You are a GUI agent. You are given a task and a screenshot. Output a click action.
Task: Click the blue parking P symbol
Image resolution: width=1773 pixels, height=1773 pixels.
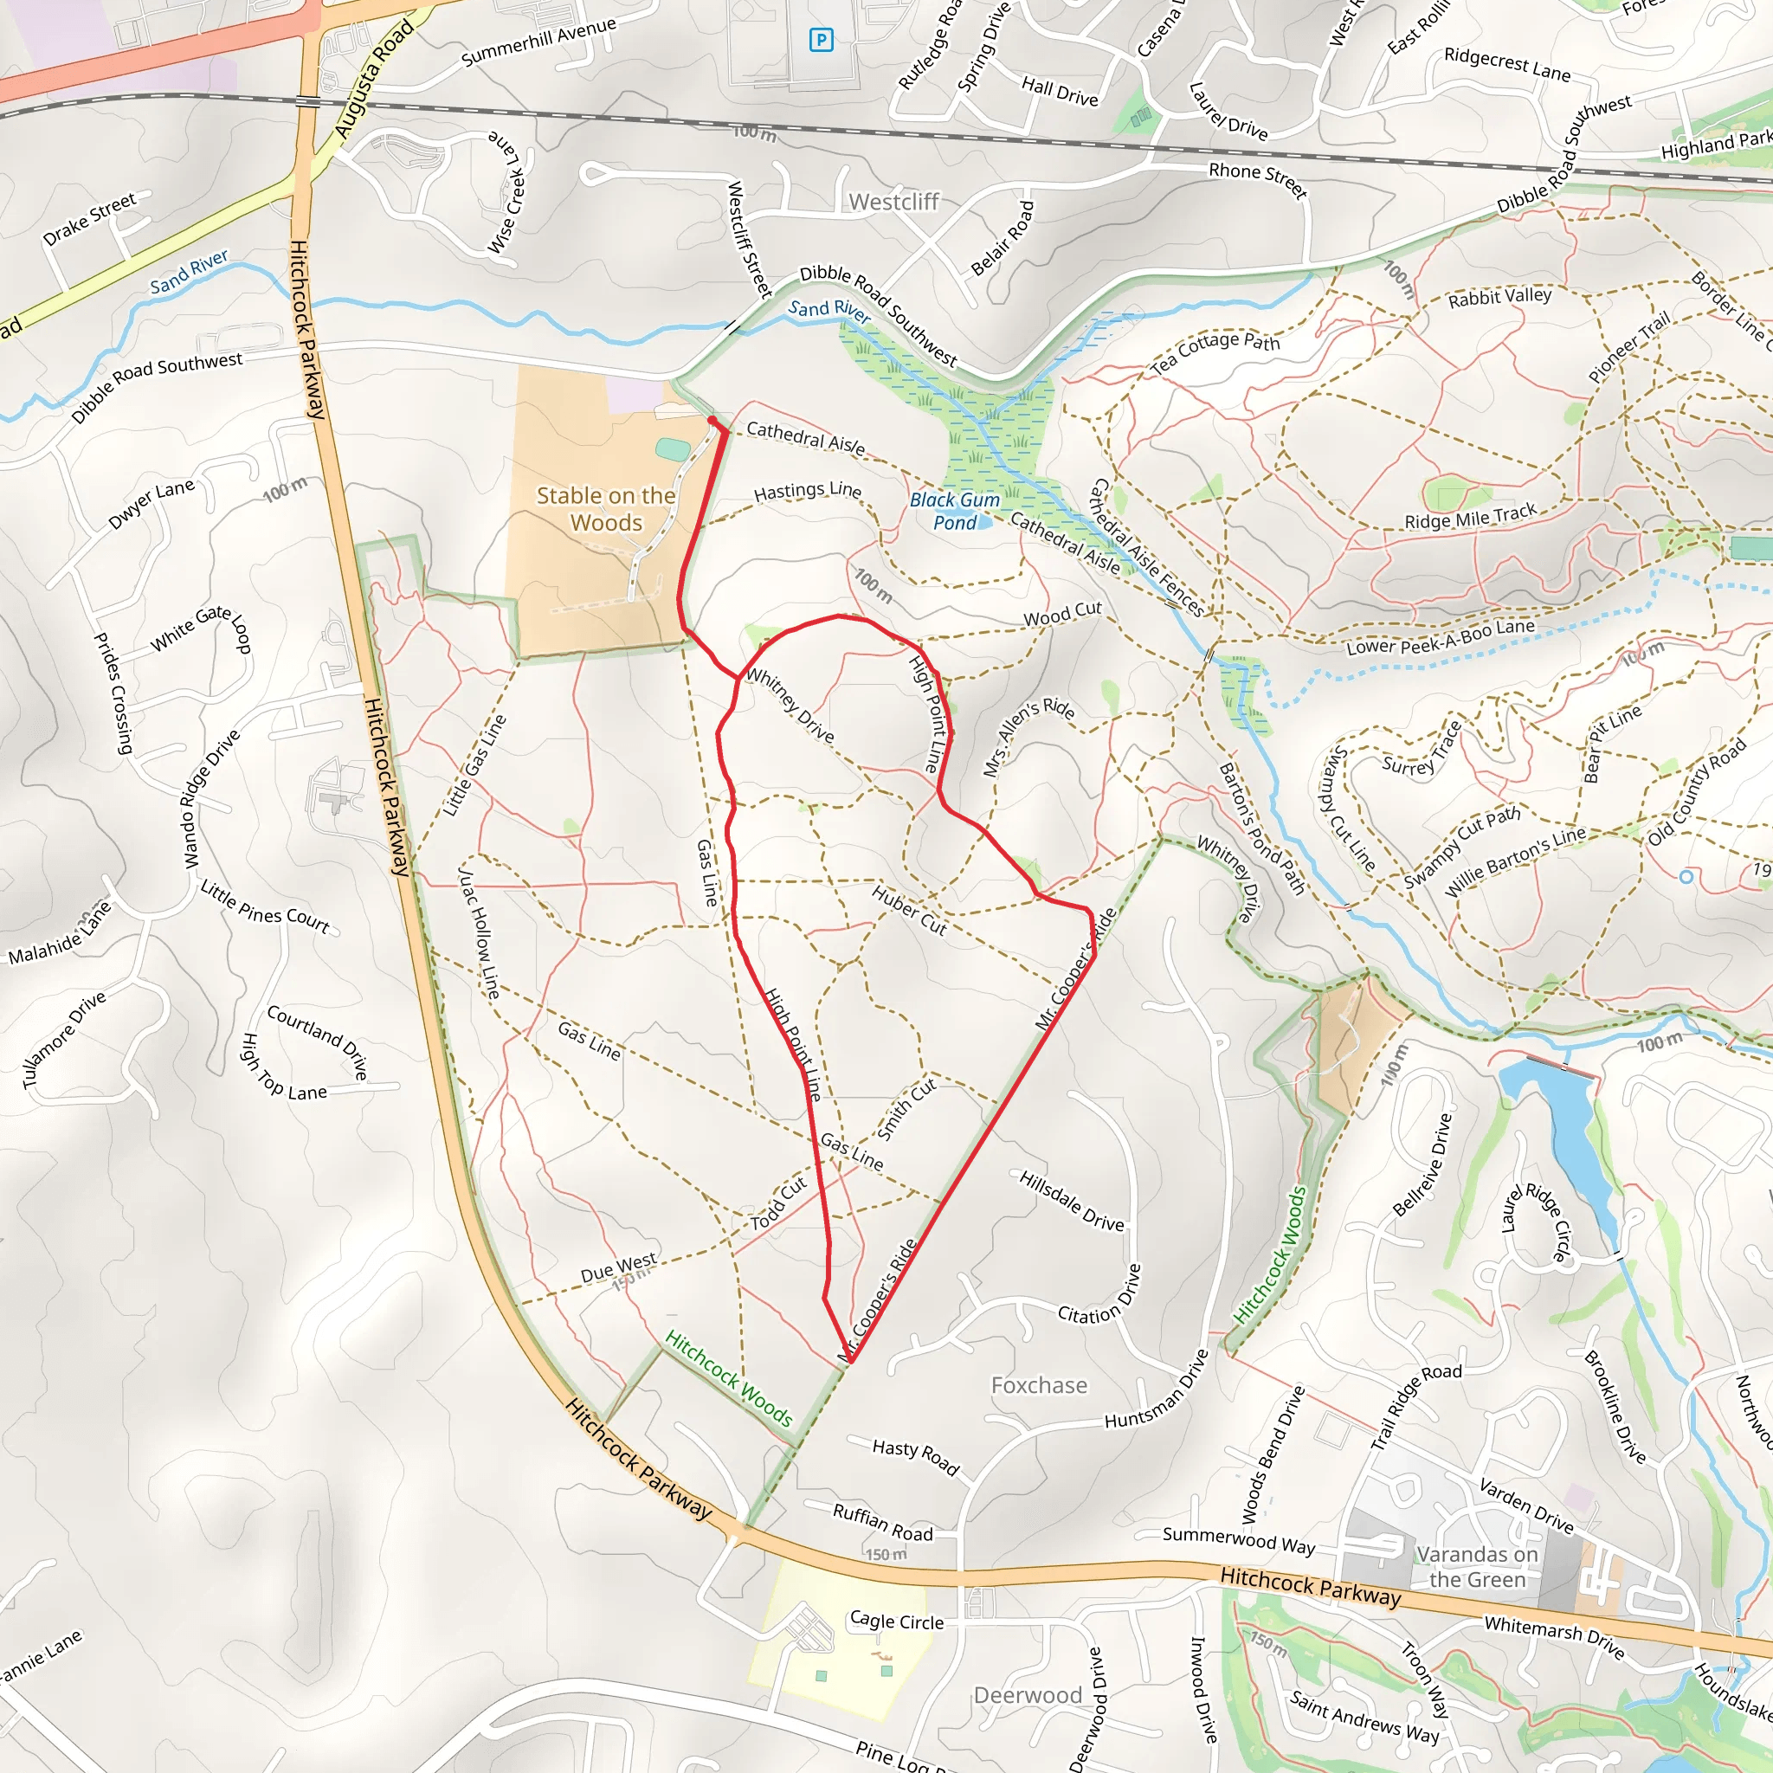click(x=821, y=40)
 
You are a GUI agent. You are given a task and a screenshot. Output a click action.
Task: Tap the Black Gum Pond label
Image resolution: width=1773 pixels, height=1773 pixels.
click(x=954, y=511)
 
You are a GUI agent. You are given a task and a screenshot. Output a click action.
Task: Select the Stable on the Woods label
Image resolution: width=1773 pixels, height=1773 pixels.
click(x=606, y=508)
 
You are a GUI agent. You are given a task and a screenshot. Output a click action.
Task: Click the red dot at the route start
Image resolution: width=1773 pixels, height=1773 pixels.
click(x=712, y=422)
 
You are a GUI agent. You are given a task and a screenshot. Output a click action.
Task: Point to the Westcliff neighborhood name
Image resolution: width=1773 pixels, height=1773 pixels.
click(x=893, y=202)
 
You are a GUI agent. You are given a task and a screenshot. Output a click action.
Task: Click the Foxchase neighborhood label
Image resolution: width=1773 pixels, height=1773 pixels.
click(x=1039, y=1385)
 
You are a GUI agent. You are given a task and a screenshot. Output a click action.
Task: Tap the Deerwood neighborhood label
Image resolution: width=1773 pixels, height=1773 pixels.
click(x=1028, y=1695)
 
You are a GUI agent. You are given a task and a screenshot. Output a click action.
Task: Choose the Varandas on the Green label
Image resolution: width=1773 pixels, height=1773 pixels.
click(x=1476, y=1566)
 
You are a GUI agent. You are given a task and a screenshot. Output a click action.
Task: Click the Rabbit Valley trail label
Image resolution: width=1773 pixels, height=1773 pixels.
click(x=1499, y=296)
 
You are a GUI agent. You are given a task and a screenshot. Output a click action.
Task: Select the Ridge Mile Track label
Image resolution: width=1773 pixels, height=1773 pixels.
click(x=1470, y=517)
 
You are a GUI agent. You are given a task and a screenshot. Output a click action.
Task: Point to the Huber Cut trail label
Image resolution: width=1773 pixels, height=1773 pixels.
click(x=908, y=910)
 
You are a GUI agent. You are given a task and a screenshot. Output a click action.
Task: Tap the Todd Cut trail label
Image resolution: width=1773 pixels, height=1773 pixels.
click(x=778, y=1203)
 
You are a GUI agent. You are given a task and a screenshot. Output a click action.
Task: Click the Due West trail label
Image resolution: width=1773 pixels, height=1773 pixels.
click(x=618, y=1267)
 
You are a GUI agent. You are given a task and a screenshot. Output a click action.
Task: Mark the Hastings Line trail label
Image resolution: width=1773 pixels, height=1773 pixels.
click(x=808, y=492)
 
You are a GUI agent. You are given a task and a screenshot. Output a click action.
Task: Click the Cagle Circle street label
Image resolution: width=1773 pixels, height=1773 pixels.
click(x=897, y=1621)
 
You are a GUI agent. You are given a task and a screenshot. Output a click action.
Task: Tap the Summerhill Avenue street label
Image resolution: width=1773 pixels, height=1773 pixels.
click(x=538, y=43)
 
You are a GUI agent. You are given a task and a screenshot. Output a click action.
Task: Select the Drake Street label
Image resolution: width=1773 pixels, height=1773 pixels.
click(x=89, y=218)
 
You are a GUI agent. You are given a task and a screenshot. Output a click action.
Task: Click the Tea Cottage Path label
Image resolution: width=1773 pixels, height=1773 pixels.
click(x=1215, y=352)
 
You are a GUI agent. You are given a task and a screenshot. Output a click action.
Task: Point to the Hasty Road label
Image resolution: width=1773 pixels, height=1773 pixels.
click(x=915, y=1456)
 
